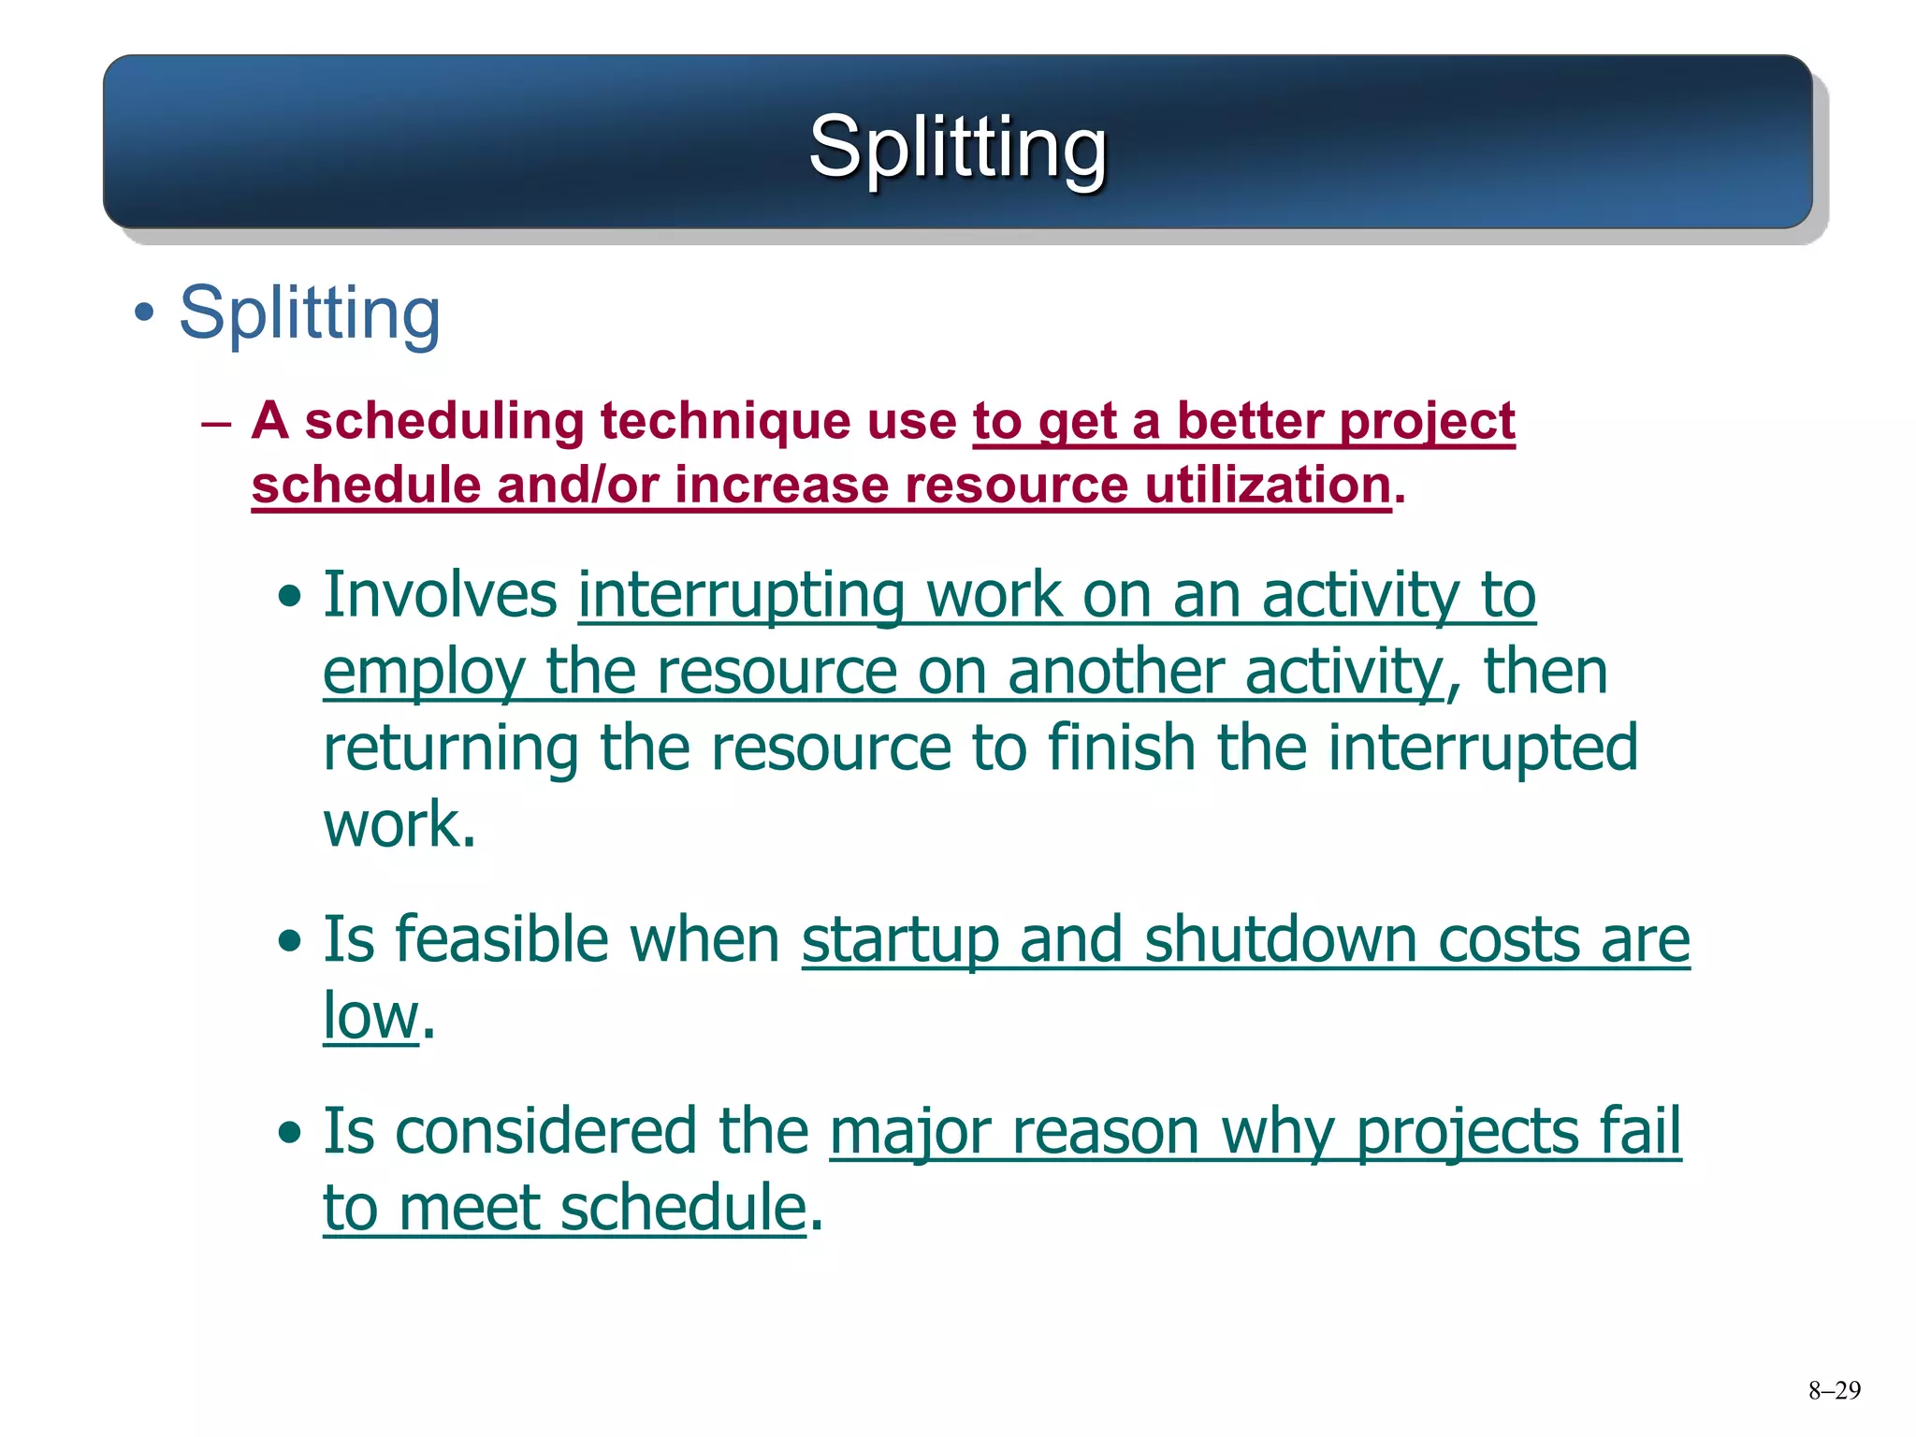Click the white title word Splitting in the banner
(957, 147)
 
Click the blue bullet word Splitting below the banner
(309, 313)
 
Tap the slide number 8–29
(1834, 1390)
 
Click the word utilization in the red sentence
(1268, 486)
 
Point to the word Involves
(440, 595)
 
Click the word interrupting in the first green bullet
(741, 597)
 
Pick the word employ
(424, 674)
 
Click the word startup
(900, 941)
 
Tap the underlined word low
(370, 1016)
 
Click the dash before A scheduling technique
(216, 424)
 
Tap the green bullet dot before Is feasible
(290, 941)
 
